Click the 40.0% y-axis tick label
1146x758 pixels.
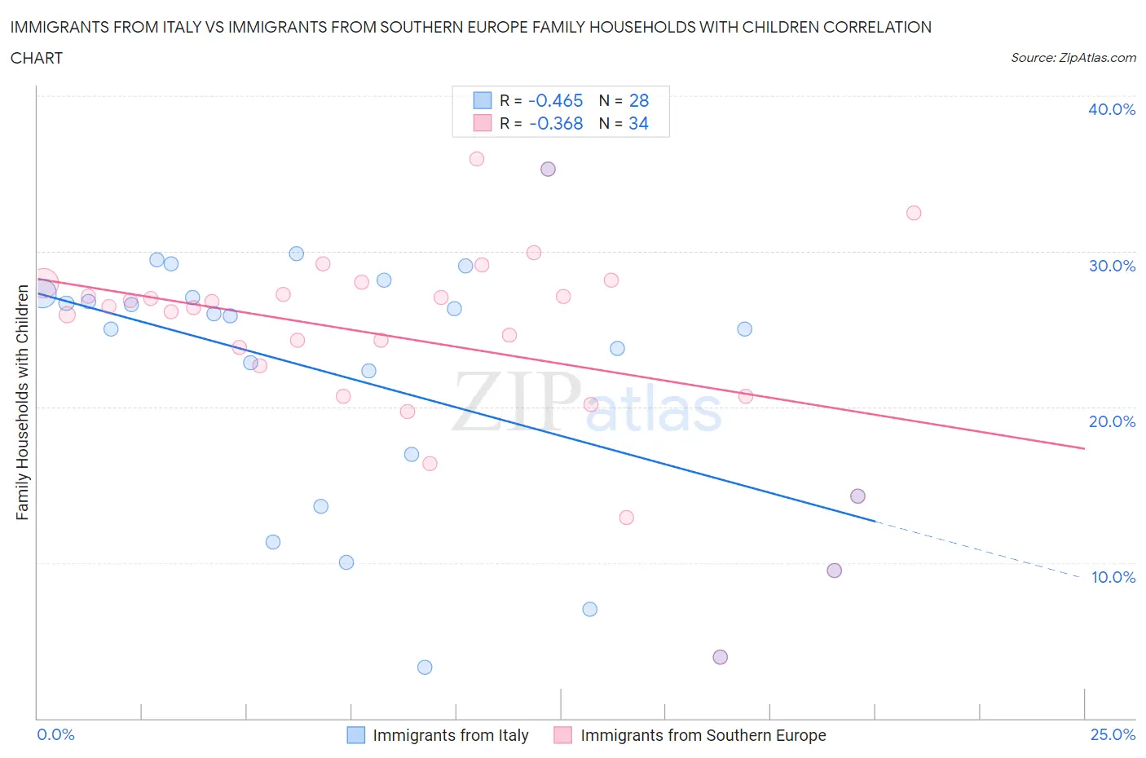(x=1111, y=109)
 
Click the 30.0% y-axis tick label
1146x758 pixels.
(x=1111, y=266)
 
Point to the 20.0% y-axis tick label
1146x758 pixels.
(x=1111, y=421)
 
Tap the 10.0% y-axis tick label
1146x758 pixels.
(x=1113, y=577)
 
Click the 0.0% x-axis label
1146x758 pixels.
(x=55, y=734)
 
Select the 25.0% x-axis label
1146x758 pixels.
(x=1113, y=734)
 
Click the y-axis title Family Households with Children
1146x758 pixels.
(x=22, y=403)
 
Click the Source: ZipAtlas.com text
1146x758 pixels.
(x=1073, y=58)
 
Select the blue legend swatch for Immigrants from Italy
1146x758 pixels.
(x=356, y=735)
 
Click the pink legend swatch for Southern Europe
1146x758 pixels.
(x=562, y=735)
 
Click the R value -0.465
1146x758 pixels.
(x=555, y=100)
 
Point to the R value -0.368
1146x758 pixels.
(x=555, y=123)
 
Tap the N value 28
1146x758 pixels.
(x=639, y=100)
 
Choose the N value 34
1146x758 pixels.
(x=638, y=123)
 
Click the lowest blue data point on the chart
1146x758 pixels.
(x=425, y=668)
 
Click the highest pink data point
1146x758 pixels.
(x=477, y=159)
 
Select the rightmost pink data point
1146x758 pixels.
(x=914, y=213)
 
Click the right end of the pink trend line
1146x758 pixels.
(x=1084, y=448)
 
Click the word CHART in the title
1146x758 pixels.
(x=37, y=58)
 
